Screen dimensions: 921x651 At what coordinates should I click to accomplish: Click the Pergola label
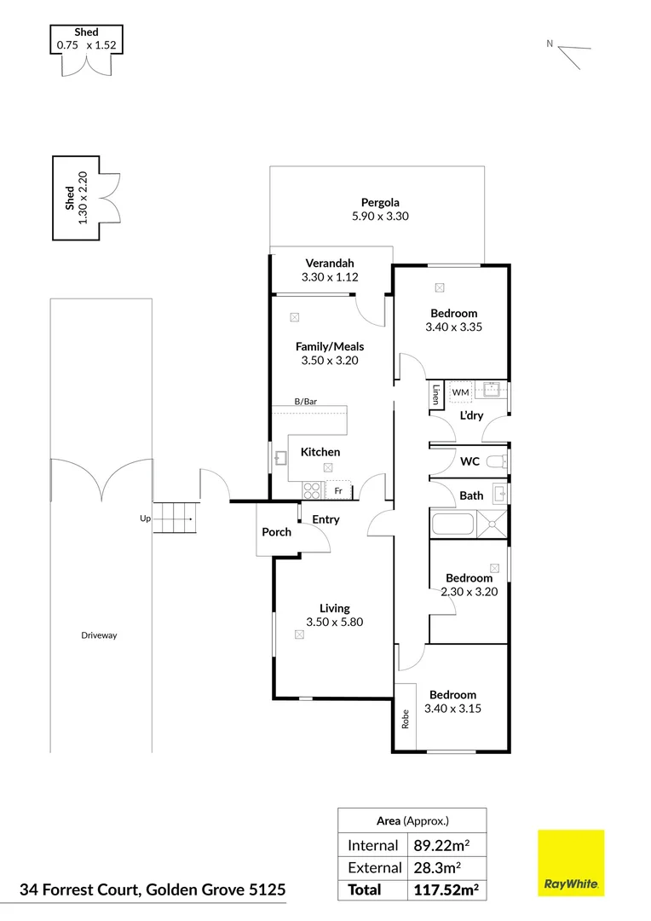pyautogui.click(x=379, y=203)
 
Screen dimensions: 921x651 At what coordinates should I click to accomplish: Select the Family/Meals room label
pyautogui.click(x=329, y=346)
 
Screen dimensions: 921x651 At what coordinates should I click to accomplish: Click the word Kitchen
pyautogui.click(x=320, y=452)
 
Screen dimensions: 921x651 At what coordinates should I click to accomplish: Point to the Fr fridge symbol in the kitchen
pyautogui.click(x=338, y=491)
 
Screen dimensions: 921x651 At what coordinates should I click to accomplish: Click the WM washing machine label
pyautogui.click(x=460, y=392)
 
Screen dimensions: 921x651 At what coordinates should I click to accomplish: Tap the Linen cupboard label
pyautogui.click(x=435, y=394)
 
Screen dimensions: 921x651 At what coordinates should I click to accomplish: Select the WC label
pyautogui.click(x=470, y=461)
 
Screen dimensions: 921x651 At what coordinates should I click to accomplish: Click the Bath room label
pyautogui.click(x=471, y=495)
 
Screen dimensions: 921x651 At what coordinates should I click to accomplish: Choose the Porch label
pyautogui.click(x=276, y=532)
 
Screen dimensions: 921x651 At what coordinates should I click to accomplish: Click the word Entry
pyautogui.click(x=325, y=519)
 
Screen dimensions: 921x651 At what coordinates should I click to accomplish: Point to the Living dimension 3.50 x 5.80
pyautogui.click(x=334, y=622)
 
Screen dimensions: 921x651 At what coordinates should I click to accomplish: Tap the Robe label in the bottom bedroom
pyautogui.click(x=405, y=719)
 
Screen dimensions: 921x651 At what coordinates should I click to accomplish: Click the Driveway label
pyautogui.click(x=100, y=635)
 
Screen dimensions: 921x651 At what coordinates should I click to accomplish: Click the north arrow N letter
pyautogui.click(x=550, y=43)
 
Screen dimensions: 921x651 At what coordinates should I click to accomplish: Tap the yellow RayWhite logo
pyautogui.click(x=570, y=863)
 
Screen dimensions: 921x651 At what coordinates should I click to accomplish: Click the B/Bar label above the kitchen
pyautogui.click(x=305, y=401)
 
